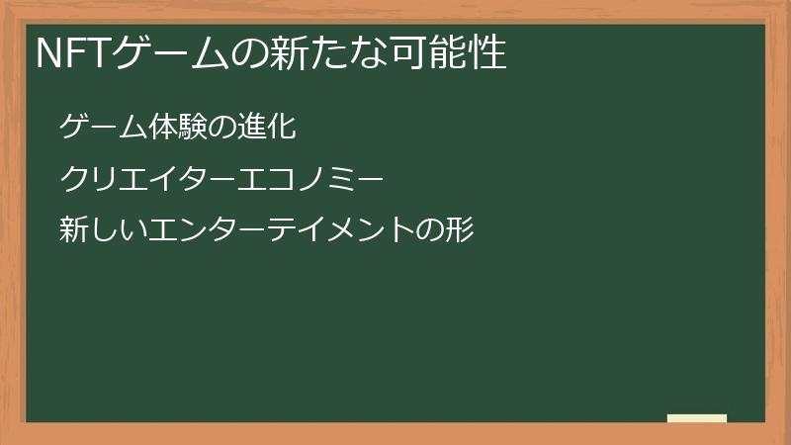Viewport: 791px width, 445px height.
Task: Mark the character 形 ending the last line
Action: [x=462, y=230]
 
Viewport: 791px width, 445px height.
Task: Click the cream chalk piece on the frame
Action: [x=697, y=418]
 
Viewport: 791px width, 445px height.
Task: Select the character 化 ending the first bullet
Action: [x=282, y=127]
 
